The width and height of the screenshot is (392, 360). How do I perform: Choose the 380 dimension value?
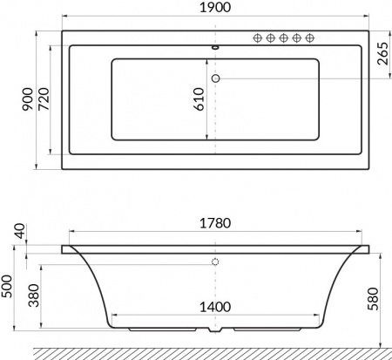(x=33, y=299)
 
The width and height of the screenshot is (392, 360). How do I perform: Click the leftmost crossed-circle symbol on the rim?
(x=258, y=38)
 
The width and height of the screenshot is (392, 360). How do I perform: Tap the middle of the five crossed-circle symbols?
(x=283, y=38)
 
